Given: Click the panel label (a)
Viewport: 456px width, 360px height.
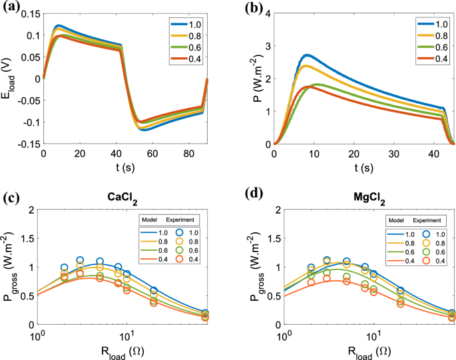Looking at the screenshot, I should pyautogui.click(x=12, y=8).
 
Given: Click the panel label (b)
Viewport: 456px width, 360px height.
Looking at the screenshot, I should pyautogui.click(x=241, y=8).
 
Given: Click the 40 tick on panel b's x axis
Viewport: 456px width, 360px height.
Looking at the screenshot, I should pyautogui.click(x=442, y=153).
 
